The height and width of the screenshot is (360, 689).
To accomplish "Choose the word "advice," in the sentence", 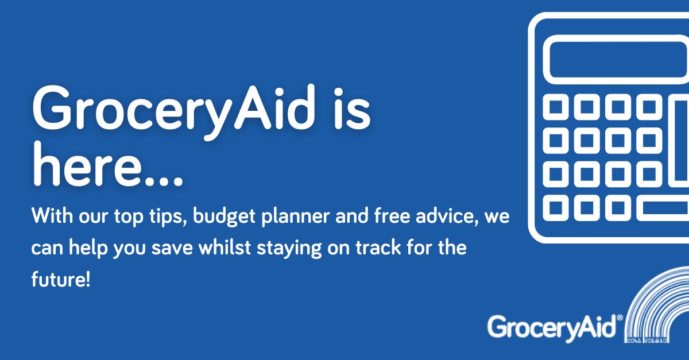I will click(x=442, y=218).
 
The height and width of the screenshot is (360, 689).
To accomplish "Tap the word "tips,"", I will click(x=167, y=219).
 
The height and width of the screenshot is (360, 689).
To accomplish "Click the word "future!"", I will click(x=60, y=281).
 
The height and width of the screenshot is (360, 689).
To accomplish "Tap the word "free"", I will click(x=385, y=218).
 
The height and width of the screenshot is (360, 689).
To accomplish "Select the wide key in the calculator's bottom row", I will click(x=663, y=207).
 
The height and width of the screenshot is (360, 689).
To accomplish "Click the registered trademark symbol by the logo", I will click(x=619, y=317).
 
